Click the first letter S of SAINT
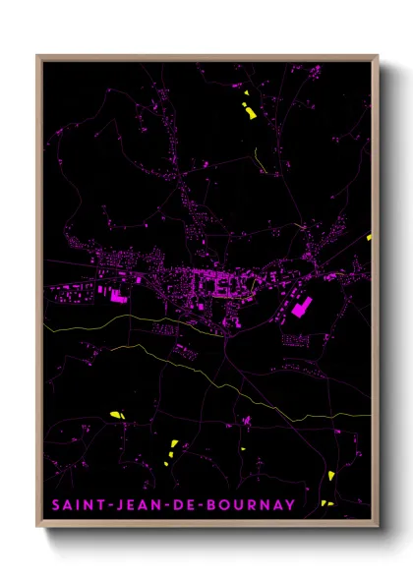[56, 506]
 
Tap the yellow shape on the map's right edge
[369, 237]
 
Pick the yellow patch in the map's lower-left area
[116, 415]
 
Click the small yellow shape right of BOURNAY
[327, 504]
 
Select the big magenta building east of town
[299, 308]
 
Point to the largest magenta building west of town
[117, 294]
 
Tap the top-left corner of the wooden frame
[38, 56]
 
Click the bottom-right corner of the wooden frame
[377, 524]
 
